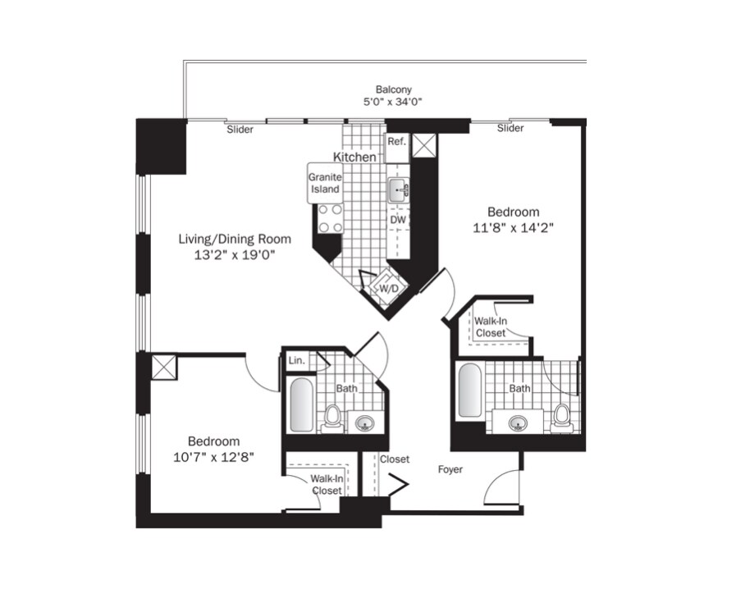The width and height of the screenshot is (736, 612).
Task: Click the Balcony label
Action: click(393, 89)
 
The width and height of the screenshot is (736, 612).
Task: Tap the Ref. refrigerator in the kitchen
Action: click(396, 141)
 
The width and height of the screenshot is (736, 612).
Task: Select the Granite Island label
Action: click(324, 183)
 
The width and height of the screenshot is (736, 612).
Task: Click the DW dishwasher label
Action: click(397, 221)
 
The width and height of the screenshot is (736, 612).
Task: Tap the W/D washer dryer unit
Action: click(387, 289)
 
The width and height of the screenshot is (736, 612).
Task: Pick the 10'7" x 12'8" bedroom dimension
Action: click(213, 458)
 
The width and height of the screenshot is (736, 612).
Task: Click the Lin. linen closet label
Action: click(296, 360)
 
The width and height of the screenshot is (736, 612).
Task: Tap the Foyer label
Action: click(450, 470)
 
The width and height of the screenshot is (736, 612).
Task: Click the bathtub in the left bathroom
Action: click(302, 405)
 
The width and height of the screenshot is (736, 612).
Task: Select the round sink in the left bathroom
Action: click(363, 423)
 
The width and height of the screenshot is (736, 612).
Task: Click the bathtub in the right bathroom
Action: click(469, 390)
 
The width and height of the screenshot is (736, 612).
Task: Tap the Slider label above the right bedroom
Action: click(510, 128)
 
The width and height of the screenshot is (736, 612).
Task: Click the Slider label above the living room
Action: click(240, 130)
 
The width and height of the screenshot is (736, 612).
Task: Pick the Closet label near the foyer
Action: click(395, 459)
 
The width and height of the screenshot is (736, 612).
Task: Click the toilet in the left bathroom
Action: click(332, 417)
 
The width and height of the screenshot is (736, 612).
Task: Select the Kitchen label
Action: click(354, 157)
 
